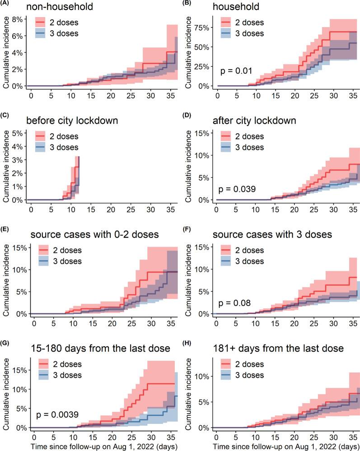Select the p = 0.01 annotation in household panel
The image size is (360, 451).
(236, 71)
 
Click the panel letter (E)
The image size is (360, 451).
(4, 230)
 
